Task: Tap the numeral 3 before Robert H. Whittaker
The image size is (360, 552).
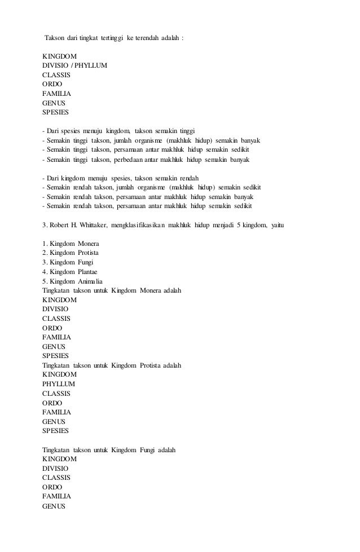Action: (45, 226)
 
